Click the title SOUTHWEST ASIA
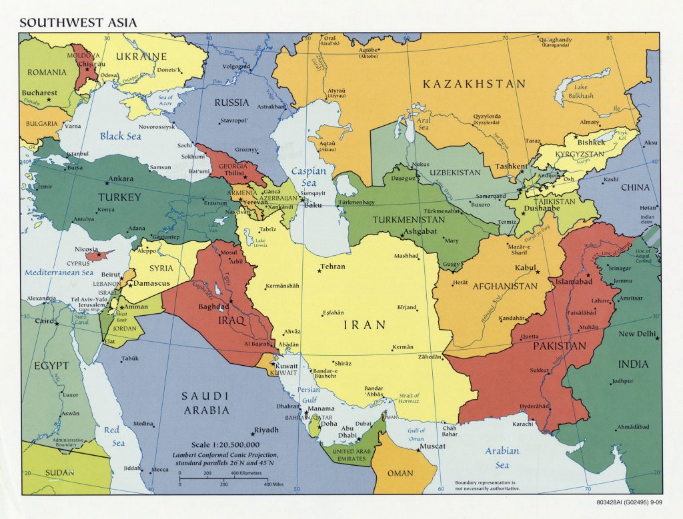click(78, 22)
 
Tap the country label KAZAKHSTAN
click(474, 84)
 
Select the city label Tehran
click(333, 266)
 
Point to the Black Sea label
click(120, 136)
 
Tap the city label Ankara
click(121, 179)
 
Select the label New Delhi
click(636, 334)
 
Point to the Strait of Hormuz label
click(408, 398)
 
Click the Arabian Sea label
click(502, 458)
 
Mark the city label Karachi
click(523, 424)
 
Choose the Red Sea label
click(114, 437)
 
